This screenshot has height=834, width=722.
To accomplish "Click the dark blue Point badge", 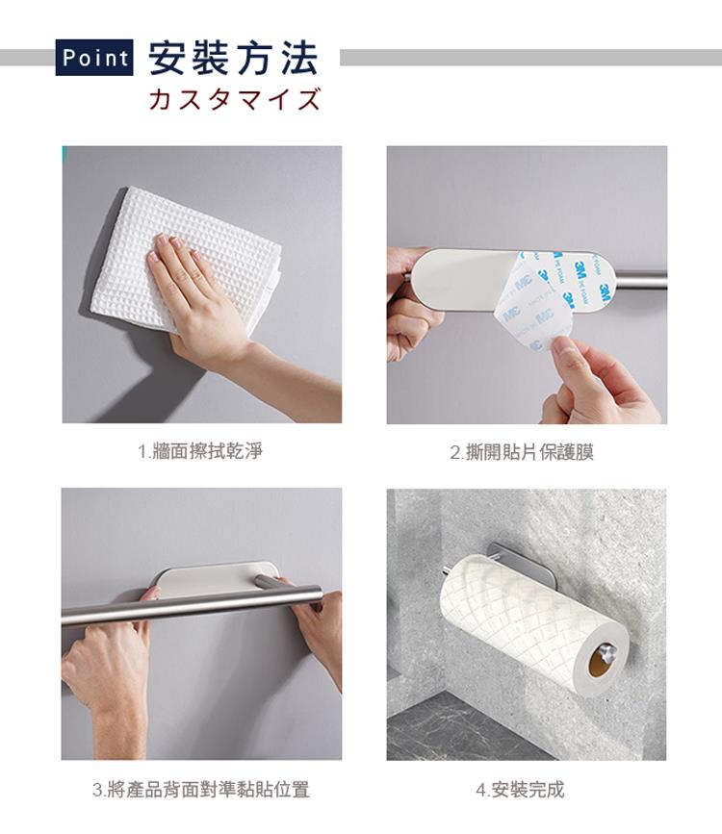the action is pyautogui.click(x=94, y=58).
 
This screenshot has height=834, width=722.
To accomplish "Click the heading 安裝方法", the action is pyautogui.click(x=233, y=58).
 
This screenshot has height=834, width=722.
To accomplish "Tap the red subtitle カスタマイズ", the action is pyautogui.click(x=235, y=99).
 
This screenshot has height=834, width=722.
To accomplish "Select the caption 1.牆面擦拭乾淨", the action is pyautogui.click(x=200, y=451).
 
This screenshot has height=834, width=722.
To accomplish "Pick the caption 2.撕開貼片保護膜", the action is pyautogui.click(x=522, y=452).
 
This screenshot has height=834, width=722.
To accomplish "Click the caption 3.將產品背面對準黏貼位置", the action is pyautogui.click(x=201, y=790).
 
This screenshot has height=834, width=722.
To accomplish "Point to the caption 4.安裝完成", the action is pyautogui.click(x=520, y=790).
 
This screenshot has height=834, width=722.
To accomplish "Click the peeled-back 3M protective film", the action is pyautogui.click(x=554, y=298).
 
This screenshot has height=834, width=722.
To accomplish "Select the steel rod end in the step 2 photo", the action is pyautogui.click(x=640, y=279).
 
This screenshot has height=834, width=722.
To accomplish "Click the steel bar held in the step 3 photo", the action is pyautogui.click(x=192, y=605).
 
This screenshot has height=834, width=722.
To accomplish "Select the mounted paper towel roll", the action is pyautogui.click(x=532, y=622).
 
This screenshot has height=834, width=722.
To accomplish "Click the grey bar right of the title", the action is pyautogui.click(x=530, y=58).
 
